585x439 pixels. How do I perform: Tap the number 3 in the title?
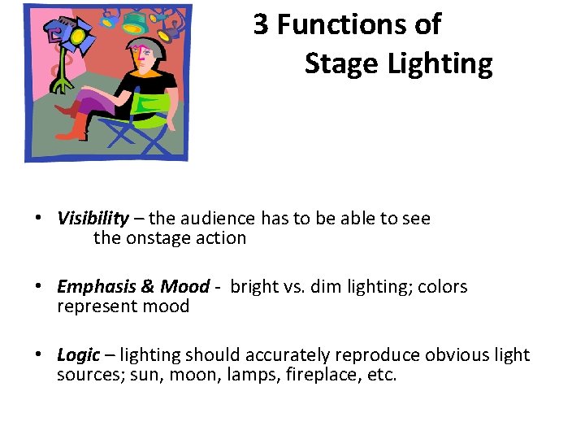click(x=261, y=25)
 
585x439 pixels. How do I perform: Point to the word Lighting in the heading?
click(x=440, y=63)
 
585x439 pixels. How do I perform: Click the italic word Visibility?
click(x=93, y=218)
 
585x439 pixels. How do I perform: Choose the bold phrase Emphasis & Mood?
click(x=133, y=286)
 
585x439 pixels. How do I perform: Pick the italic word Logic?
click(x=78, y=354)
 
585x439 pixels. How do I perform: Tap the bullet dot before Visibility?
click(x=38, y=219)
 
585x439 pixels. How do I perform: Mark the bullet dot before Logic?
click(x=38, y=355)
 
